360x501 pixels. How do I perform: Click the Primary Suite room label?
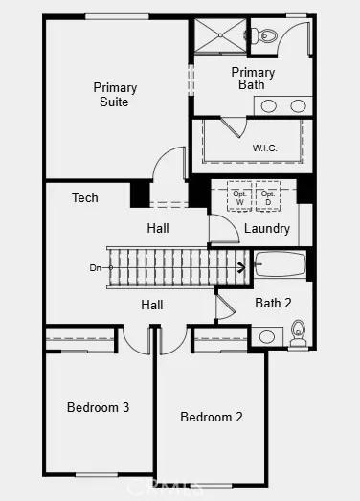114,94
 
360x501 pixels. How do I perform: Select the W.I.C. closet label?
265,148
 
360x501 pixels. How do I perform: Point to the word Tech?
85,197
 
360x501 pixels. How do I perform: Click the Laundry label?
267,228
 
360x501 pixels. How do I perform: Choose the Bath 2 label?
274,303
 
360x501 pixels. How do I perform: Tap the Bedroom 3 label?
98,407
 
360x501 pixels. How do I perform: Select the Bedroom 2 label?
212,417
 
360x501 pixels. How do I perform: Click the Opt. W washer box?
239,198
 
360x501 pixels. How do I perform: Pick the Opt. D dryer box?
268,198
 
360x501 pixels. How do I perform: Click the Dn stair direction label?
95,268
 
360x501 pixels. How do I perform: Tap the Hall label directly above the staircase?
158,228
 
